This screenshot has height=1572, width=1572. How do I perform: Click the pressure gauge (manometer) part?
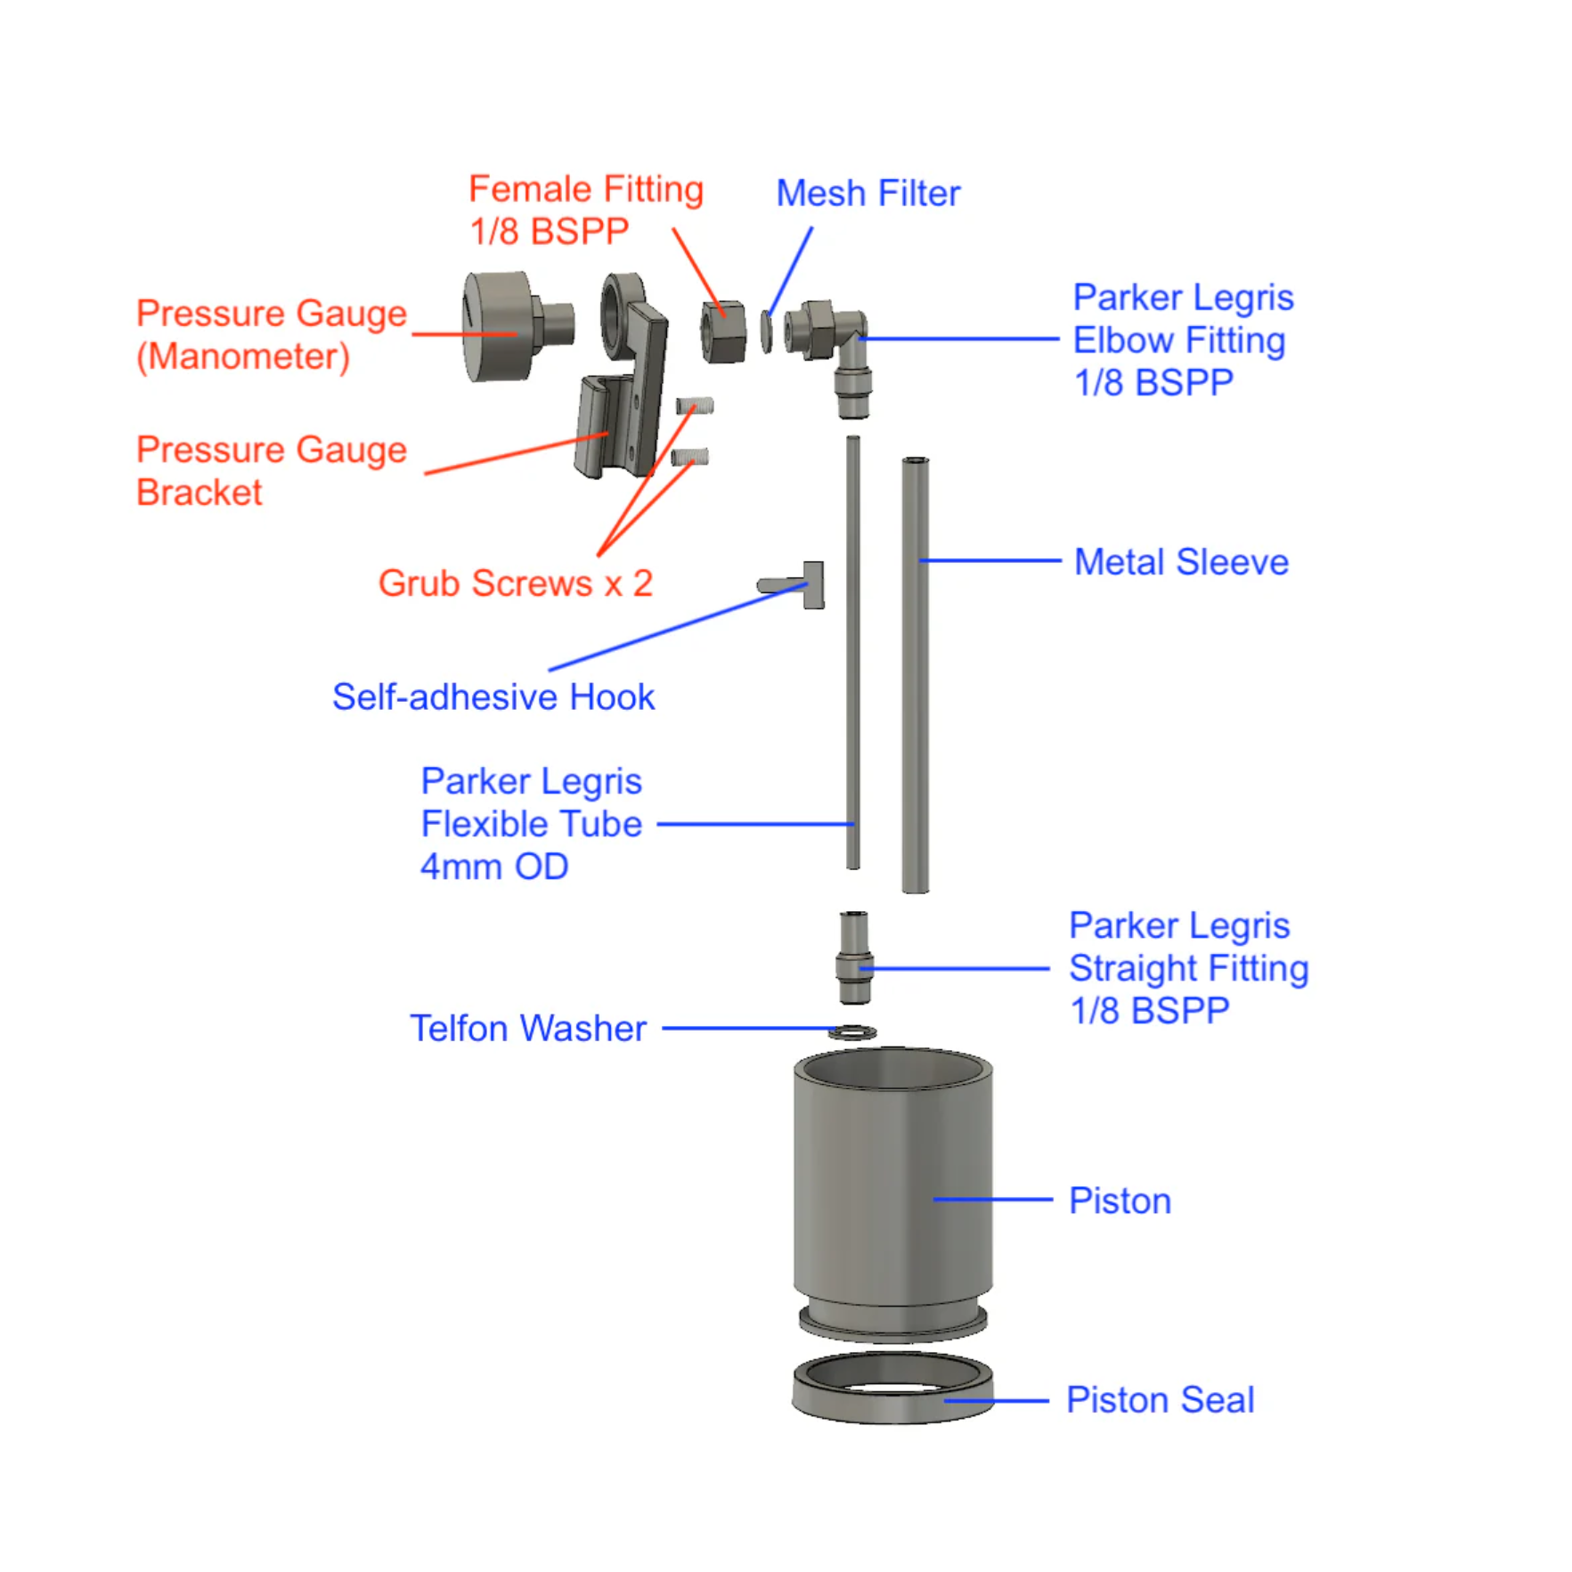pos(517,326)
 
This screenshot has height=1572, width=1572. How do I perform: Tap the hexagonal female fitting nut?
pos(723,331)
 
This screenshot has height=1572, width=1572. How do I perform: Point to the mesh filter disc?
pos(766,330)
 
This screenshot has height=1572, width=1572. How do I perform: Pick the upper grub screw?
pos(695,407)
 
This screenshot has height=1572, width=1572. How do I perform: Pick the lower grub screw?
pos(689,458)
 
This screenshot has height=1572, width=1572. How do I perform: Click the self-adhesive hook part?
pos(792,584)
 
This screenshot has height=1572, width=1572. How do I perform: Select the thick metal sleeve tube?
pos(915,675)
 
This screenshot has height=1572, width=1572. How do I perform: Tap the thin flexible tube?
pos(852,652)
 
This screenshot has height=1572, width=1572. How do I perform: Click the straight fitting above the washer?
pos(853,957)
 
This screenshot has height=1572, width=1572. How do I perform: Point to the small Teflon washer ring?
pos(852,1032)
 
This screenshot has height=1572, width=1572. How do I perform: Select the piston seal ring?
pos(892,1386)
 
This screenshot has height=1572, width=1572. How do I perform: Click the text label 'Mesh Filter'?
pos(867,193)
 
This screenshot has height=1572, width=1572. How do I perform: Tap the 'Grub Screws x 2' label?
pos(516,583)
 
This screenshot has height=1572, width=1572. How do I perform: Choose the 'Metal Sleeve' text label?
pos(1181,562)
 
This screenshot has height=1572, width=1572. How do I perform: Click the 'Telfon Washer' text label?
pos(527,1028)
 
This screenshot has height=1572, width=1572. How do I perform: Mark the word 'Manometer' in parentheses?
pos(243,356)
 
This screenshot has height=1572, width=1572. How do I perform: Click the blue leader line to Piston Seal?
pos(997,1401)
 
